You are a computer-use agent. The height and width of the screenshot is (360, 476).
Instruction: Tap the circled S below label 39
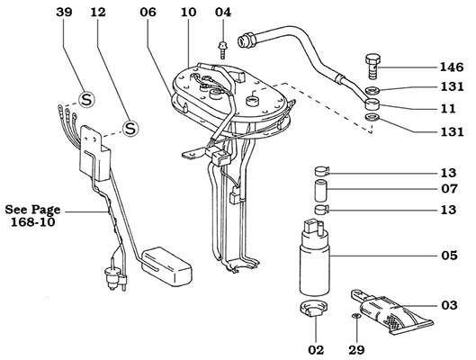click(x=86, y=98)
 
